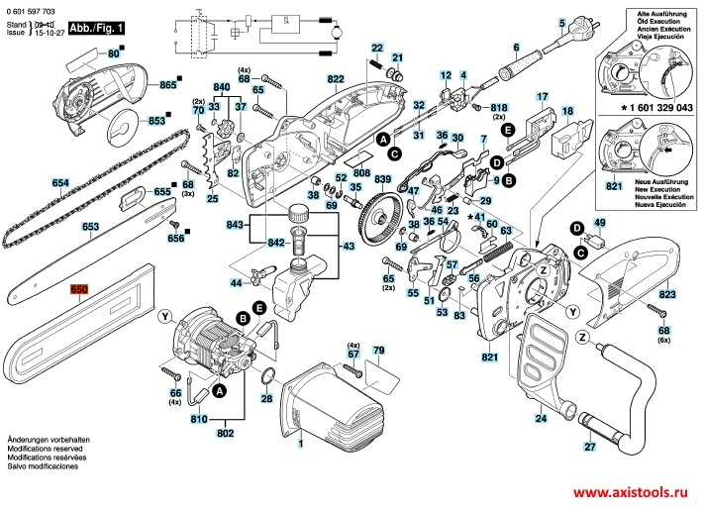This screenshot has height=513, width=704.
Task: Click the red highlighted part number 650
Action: (x=79, y=289)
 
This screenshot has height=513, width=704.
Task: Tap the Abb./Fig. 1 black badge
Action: (x=97, y=31)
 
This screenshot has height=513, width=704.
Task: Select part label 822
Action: (x=336, y=79)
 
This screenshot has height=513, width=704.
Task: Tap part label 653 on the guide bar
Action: (x=91, y=227)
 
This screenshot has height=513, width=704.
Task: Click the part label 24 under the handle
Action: (x=541, y=419)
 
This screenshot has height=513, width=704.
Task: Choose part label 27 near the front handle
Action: (x=589, y=447)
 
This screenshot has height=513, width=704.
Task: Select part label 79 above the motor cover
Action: (x=377, y=352)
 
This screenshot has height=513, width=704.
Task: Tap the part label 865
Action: (x=167, y=85)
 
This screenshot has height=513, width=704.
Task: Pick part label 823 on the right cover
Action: (x=666, y=295)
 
